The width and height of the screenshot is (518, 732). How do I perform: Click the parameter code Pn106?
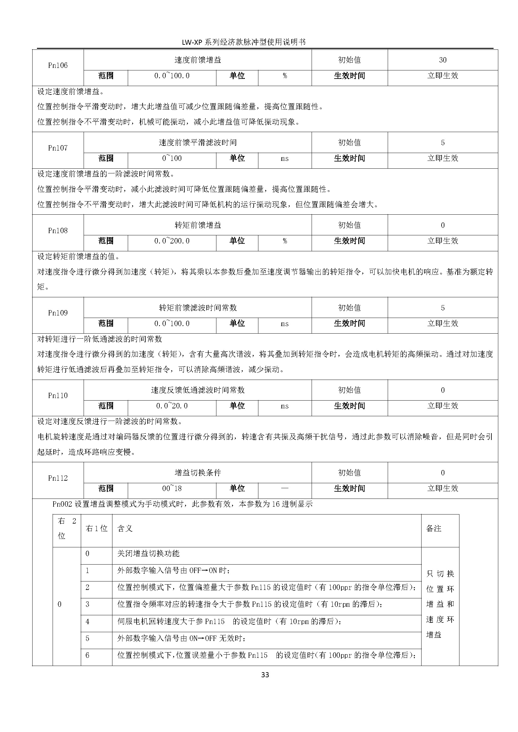(x=58, y=65)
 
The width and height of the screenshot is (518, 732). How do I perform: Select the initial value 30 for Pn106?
(x=443, y=60)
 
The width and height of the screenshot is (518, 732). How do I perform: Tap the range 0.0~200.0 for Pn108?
(x=172, y=241)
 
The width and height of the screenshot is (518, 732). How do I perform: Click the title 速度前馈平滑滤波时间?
(x=197, y=142)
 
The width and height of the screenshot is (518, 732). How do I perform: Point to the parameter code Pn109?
(x=58, y=313)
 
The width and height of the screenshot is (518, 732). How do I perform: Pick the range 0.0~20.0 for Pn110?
(x=172, y=406)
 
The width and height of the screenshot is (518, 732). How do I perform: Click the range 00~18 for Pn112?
(x=172, y=488)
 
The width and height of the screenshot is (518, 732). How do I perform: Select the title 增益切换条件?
(x=197, y=473)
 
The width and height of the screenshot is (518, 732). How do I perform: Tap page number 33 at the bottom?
(x=265, y=675)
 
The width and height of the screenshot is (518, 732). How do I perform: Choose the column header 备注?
(x=433, y=528)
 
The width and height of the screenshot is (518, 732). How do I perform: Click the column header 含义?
(x=125, y=528)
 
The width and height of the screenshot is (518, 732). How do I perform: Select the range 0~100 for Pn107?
(x=172, y=158)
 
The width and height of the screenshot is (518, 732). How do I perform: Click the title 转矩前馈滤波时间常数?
(x=197, y=308)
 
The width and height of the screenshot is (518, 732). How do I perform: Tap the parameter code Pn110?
(x=58, y=395)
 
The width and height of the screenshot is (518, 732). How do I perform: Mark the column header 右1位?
(x=96, y=528)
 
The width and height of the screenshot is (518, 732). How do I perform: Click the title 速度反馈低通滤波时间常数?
(x=197, y=390)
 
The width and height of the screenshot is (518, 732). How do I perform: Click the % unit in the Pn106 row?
(x=284, y=75)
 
